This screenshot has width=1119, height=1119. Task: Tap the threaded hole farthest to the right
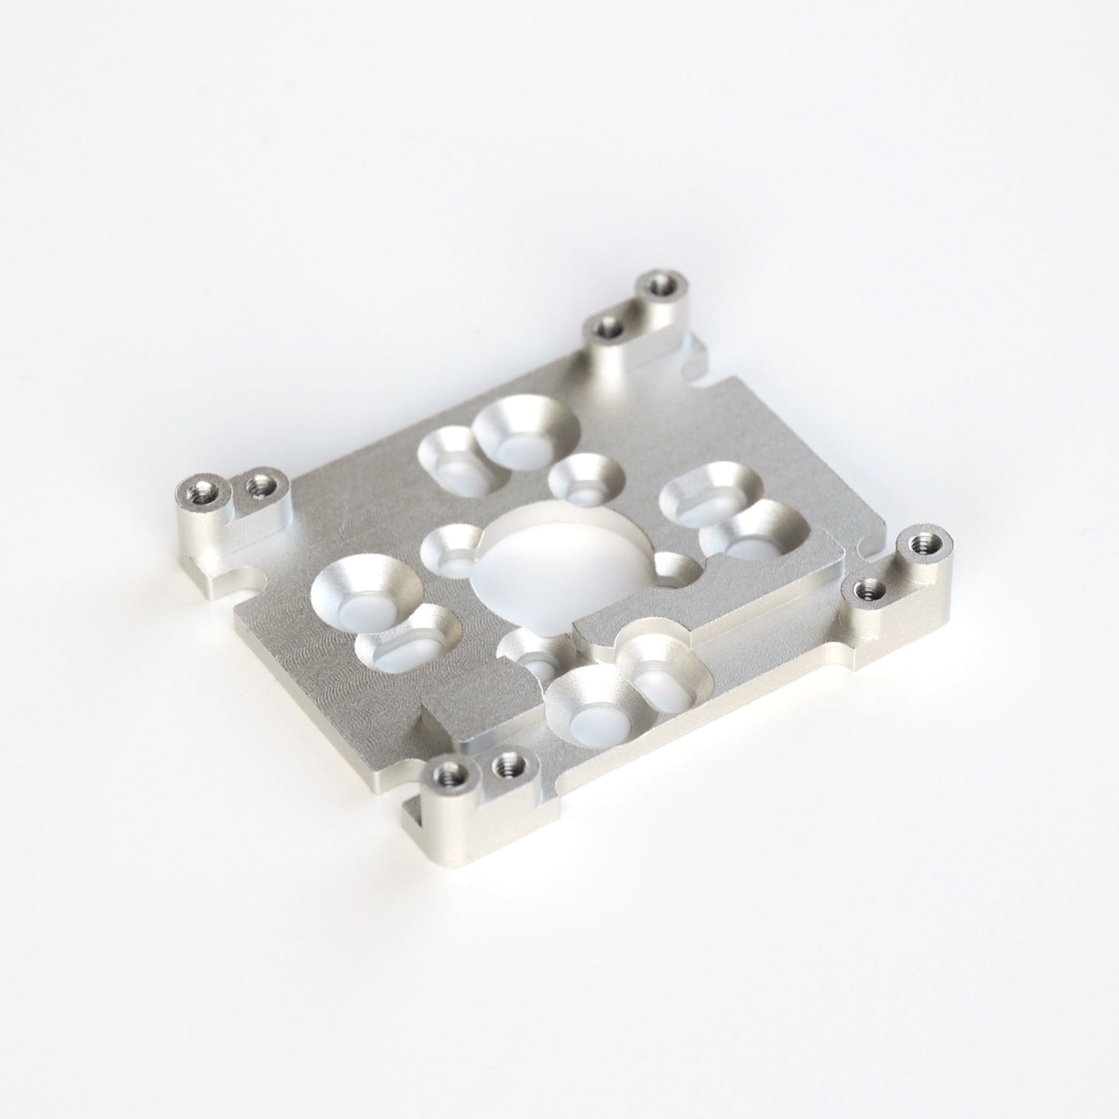tap(922, 541)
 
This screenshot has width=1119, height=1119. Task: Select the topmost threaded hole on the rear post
tap(660, 284)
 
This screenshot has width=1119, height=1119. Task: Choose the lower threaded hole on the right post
tap(862, 592)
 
